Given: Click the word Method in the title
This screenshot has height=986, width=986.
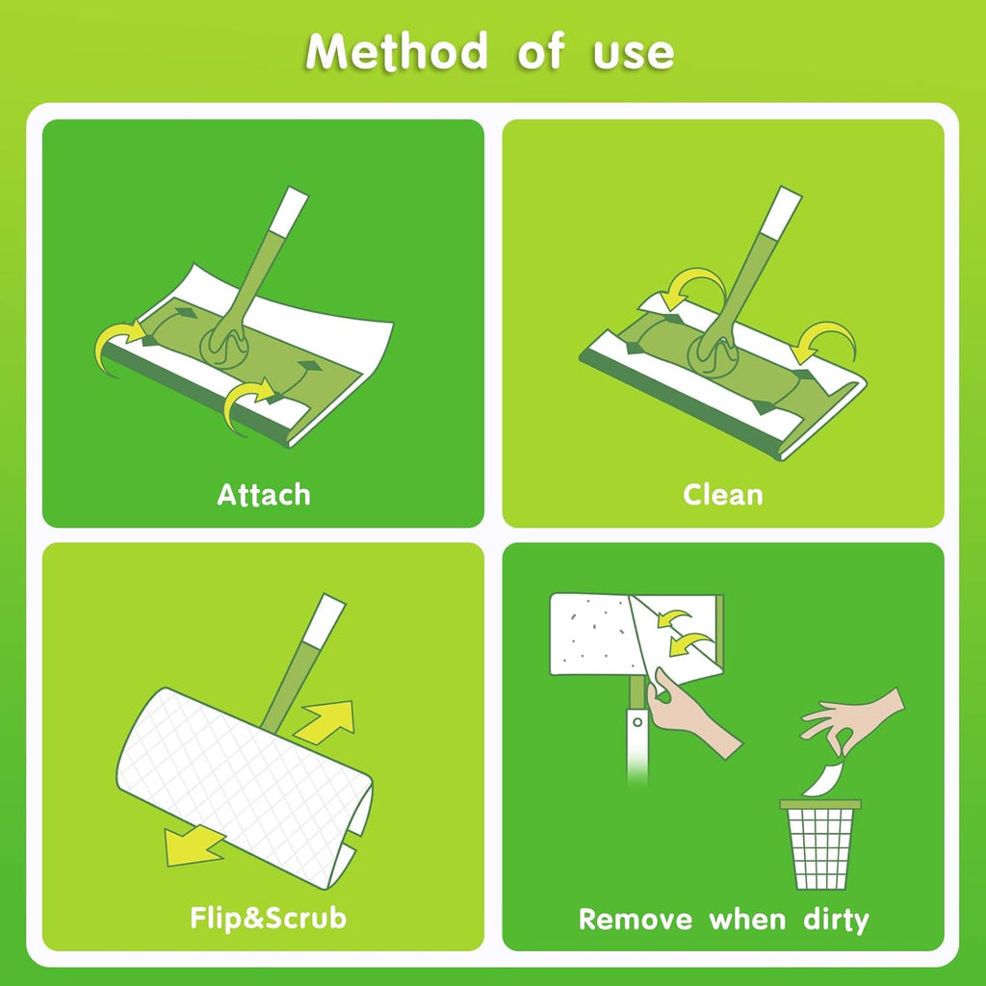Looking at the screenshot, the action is click(397, 51).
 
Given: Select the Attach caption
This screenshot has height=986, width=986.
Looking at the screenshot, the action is click(264, 495).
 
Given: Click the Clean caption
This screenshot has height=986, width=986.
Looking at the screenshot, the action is click(723, 494).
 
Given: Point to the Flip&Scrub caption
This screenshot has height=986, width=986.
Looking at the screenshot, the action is click(269, 918).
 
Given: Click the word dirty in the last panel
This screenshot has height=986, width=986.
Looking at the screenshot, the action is click(837, 920).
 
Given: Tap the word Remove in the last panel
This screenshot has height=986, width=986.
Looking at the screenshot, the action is click(636, 920).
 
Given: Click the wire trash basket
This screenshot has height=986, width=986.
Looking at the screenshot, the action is click(820, 844).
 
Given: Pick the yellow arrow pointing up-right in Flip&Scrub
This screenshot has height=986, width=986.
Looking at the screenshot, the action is click(325, 721).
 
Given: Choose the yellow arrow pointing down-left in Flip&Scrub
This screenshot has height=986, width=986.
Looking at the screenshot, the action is click(193, 845).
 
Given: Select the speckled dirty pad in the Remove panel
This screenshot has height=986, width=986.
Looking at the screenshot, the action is click(591, 634).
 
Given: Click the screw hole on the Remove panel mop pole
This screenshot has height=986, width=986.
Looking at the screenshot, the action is click(637, 722).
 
